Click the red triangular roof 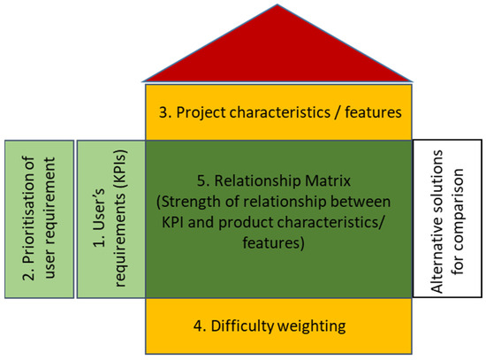click(278, 53)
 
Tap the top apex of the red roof click(278, 6)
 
